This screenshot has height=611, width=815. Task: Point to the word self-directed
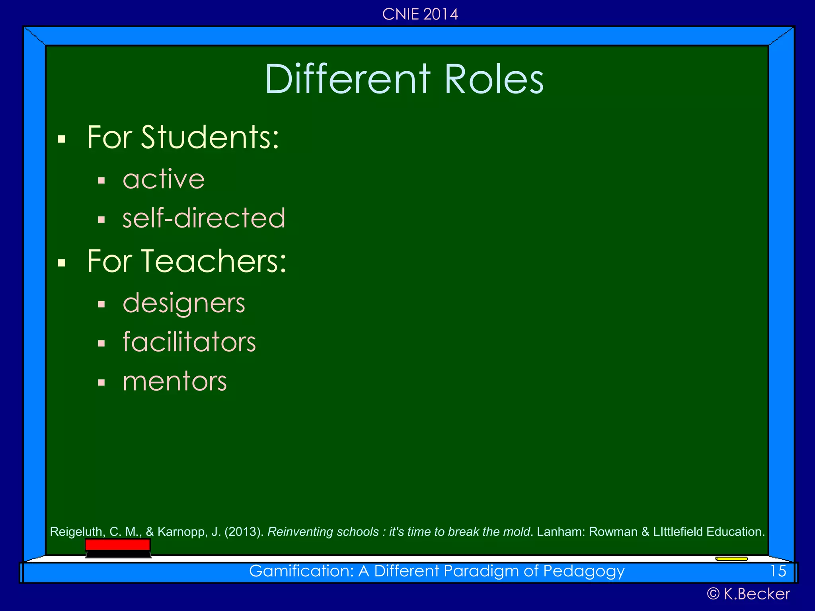(x=204, y=218)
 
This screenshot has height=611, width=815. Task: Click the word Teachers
(x=217, y=261)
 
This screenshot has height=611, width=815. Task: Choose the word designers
(x=184, y=303)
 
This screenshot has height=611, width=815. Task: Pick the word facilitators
(x=189, y=342)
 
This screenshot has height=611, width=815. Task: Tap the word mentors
(x=175, y=381)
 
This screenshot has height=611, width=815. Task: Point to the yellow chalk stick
(x=731, y=559)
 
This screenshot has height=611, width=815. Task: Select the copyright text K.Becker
(x=756, y=594)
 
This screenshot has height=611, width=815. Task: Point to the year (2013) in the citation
(x=244, y=532)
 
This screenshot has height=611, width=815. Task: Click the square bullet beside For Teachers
(x=61, y=263)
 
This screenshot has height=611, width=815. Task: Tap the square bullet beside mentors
(x=101, y=383)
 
